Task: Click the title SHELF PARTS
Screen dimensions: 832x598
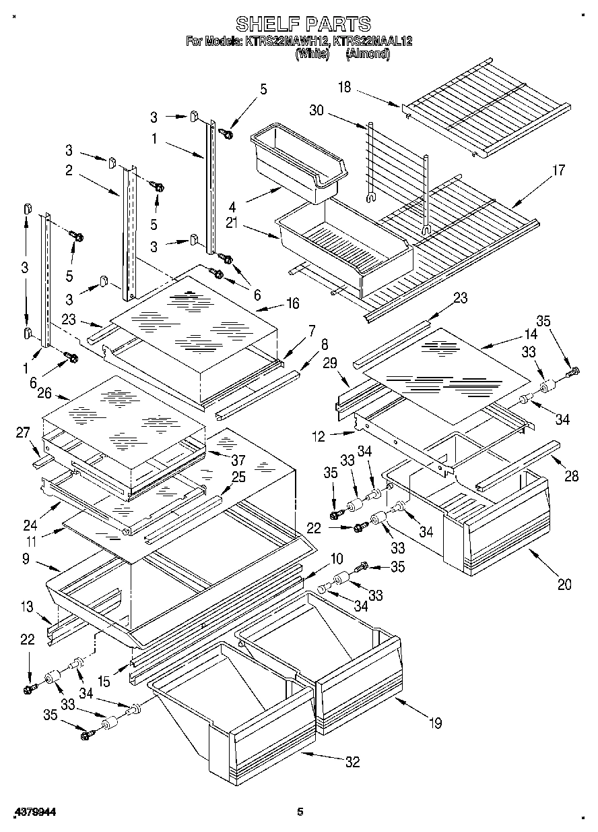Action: (302, 24)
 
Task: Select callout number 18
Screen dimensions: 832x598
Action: (345, 88)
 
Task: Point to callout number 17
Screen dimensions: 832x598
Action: (558, 170)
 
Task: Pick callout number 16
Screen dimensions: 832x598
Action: (292, 304)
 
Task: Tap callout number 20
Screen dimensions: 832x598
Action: (564, 584)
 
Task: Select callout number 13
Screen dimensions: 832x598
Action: (26, 607)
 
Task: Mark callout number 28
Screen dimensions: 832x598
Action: (571, 477)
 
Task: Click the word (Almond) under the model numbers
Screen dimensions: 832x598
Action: (367, 55)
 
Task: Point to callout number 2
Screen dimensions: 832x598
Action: (69, 171)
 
